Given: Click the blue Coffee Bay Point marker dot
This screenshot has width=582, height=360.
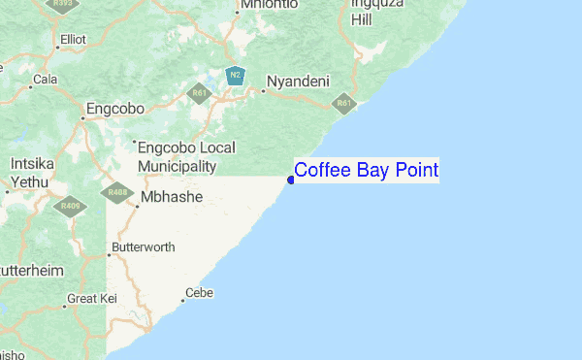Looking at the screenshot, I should [291, 179].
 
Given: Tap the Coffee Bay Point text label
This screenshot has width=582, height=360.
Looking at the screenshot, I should [366, 171].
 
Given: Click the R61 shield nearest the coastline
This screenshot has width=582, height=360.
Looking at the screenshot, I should [344, 102].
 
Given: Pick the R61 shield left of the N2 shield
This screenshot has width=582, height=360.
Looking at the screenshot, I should [200, 94].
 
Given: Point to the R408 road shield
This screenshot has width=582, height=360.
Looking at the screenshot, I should [118, 192].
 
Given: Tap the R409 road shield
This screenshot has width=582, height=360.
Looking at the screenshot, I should [70, 206].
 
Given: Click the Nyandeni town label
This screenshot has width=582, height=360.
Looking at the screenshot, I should [299, 82].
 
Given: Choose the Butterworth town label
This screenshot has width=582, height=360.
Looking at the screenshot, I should [144, 247].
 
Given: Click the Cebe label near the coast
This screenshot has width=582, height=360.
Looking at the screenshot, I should [198, 293].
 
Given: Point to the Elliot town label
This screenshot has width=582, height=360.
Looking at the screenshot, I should [73, 40].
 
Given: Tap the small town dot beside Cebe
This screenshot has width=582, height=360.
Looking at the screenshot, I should [180, 301].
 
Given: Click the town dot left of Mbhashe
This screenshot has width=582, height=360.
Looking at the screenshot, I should [134, 203].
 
